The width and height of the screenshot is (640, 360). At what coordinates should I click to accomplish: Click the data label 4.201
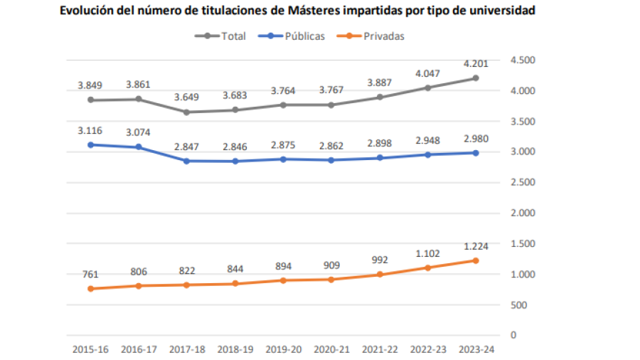coord(474,64)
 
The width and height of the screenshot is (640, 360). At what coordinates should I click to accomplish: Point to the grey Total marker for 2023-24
coord(475,78)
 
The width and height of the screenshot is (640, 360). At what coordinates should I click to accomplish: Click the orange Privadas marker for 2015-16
coord(90,288)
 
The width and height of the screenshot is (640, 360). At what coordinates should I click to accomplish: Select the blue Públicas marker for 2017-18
coord(186,161)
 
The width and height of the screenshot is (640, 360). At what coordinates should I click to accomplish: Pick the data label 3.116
coord(90,131)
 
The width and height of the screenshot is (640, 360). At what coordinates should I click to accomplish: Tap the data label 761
coord(90,274)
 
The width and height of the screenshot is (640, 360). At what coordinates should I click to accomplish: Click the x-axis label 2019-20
coord(282,349)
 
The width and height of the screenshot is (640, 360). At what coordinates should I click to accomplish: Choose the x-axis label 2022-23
coord(427,349)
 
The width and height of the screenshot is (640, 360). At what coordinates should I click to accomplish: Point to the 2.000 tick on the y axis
coord(523,213)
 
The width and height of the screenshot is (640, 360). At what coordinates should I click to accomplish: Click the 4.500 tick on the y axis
coord(523,60)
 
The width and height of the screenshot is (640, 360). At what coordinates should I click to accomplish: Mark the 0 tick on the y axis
coord(513,335)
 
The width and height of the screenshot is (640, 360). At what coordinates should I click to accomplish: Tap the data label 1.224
coord(474,246)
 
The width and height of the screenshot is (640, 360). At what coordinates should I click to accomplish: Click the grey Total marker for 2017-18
coord(186,112)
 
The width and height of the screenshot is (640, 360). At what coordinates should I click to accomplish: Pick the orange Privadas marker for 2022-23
coord(427,268)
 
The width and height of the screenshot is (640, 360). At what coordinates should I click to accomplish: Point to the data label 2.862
coord(331,146)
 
